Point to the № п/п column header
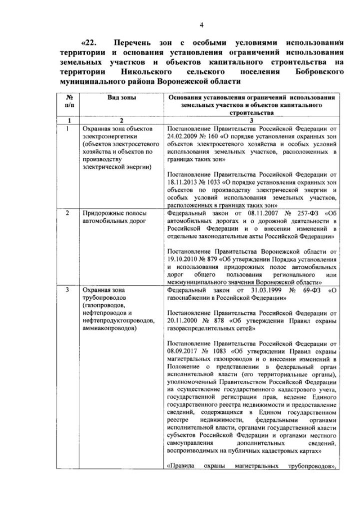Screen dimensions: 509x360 [68, 101]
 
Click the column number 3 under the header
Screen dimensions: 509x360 [251, 120]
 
